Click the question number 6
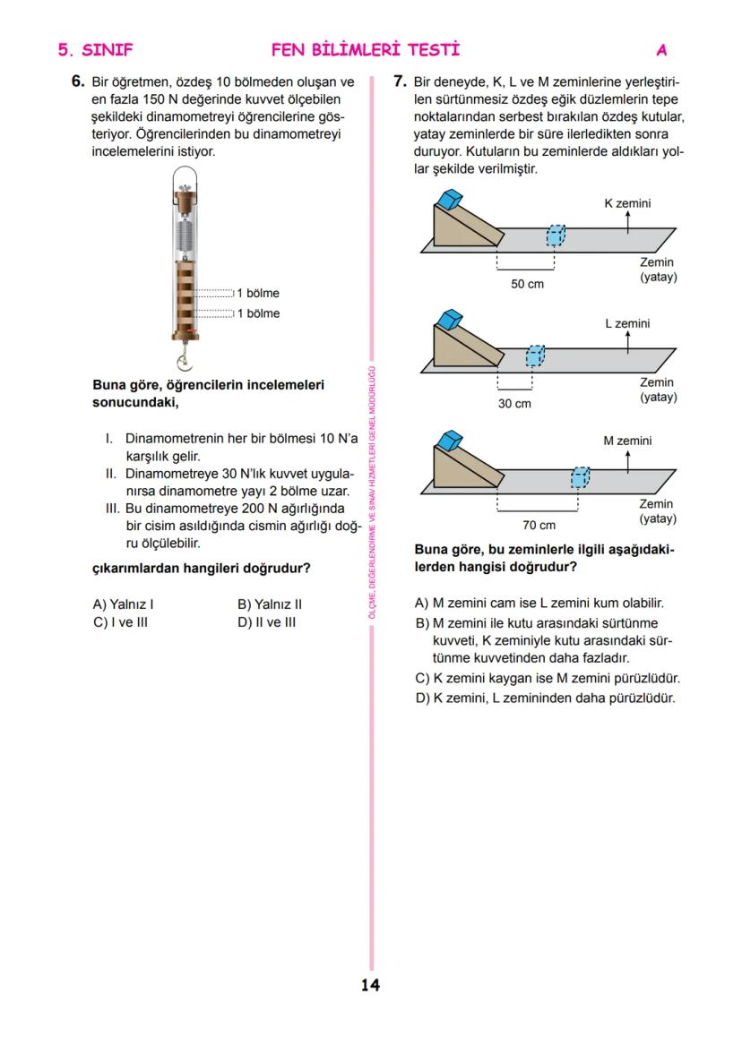point(78,81)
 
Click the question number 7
point(401,81)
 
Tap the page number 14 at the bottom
point(370,986)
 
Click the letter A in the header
point(661,49)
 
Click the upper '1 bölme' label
point(258,293)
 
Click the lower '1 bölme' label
point(258,313)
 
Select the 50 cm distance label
point(526,284)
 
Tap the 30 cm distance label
point(514,404)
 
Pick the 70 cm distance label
point(539,525)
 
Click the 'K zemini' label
point(627,203)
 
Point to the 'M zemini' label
point(627,441)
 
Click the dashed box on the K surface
point(556,236)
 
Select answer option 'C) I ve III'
point(120,621)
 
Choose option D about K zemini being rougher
point(545,698)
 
